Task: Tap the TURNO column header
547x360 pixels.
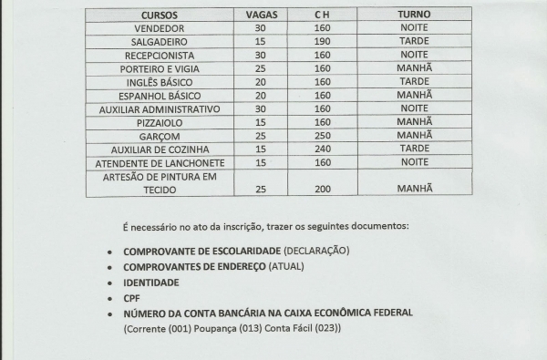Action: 414,15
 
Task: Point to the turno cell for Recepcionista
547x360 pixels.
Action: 414,56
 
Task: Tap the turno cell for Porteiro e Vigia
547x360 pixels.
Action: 414,68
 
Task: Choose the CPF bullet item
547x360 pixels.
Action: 131,297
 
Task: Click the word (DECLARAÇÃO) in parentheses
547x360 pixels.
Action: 316,251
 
